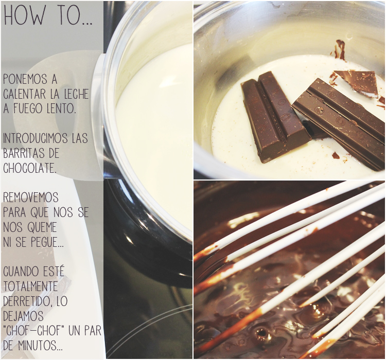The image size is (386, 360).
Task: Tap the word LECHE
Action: (x=76, y=94)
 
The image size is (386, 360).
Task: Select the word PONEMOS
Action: (x=25, y=80)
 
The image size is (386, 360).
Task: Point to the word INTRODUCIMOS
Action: (x=35, y=138)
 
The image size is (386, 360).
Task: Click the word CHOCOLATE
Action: (x=29, y=168)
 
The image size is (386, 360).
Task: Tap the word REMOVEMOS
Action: (x=31, y=197)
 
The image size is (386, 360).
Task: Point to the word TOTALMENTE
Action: (x=30, y=286)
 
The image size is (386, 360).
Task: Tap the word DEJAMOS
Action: (x=23, y=316)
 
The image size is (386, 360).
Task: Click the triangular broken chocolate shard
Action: (x=357, y=82)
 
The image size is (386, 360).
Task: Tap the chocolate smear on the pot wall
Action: (x=340, y=50)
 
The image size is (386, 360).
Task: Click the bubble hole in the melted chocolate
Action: (x=261, y=333)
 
